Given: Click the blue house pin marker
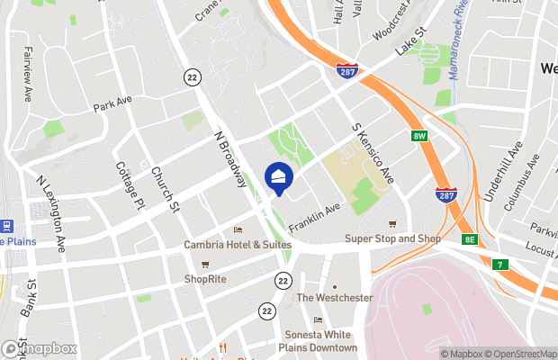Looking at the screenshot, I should pos(278,176).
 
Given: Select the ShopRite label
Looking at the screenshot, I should pos(206,278).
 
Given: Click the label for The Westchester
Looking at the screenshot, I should pos(334,297).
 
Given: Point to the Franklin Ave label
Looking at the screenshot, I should pos(315,215).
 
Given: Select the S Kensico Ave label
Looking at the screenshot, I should pos(371,154).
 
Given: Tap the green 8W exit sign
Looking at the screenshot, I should pos(418,136).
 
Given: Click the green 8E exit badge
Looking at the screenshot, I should pos(470,239).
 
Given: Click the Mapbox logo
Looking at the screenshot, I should pos(40,348).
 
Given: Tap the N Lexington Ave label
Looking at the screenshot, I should pos(52,212).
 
